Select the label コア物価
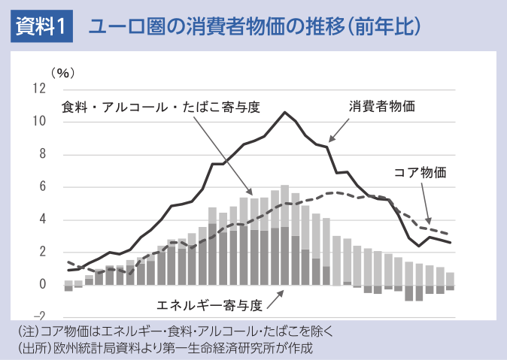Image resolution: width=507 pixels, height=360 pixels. pos(420,172)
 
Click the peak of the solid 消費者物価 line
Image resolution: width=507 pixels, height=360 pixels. pos(284,113)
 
